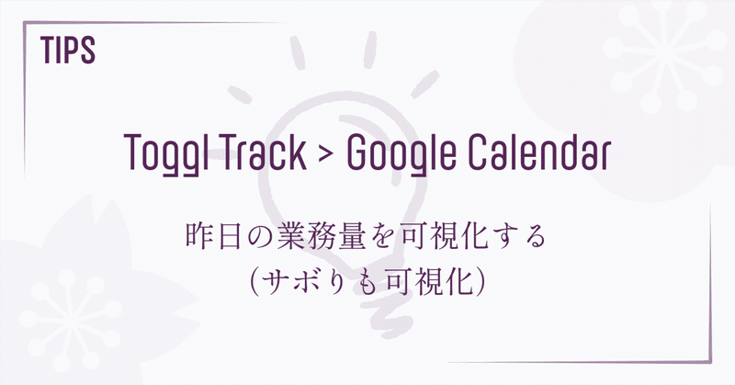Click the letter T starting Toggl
[130, 153]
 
